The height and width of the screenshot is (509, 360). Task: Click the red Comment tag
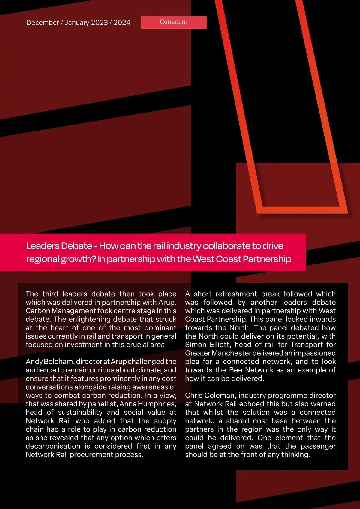(x=174, y=22)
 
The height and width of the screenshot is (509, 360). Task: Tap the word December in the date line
(x=43, y=23)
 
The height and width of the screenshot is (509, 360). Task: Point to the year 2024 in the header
(x=122, y=23)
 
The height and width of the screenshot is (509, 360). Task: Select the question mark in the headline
(x=94, y=259)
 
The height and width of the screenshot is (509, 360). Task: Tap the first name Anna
(x=128, y=404)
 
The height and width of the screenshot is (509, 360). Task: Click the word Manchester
(x=232, y=353)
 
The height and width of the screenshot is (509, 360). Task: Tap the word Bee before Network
(x=236, y=370)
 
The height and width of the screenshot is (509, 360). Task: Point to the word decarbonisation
(x=53, y=446)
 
